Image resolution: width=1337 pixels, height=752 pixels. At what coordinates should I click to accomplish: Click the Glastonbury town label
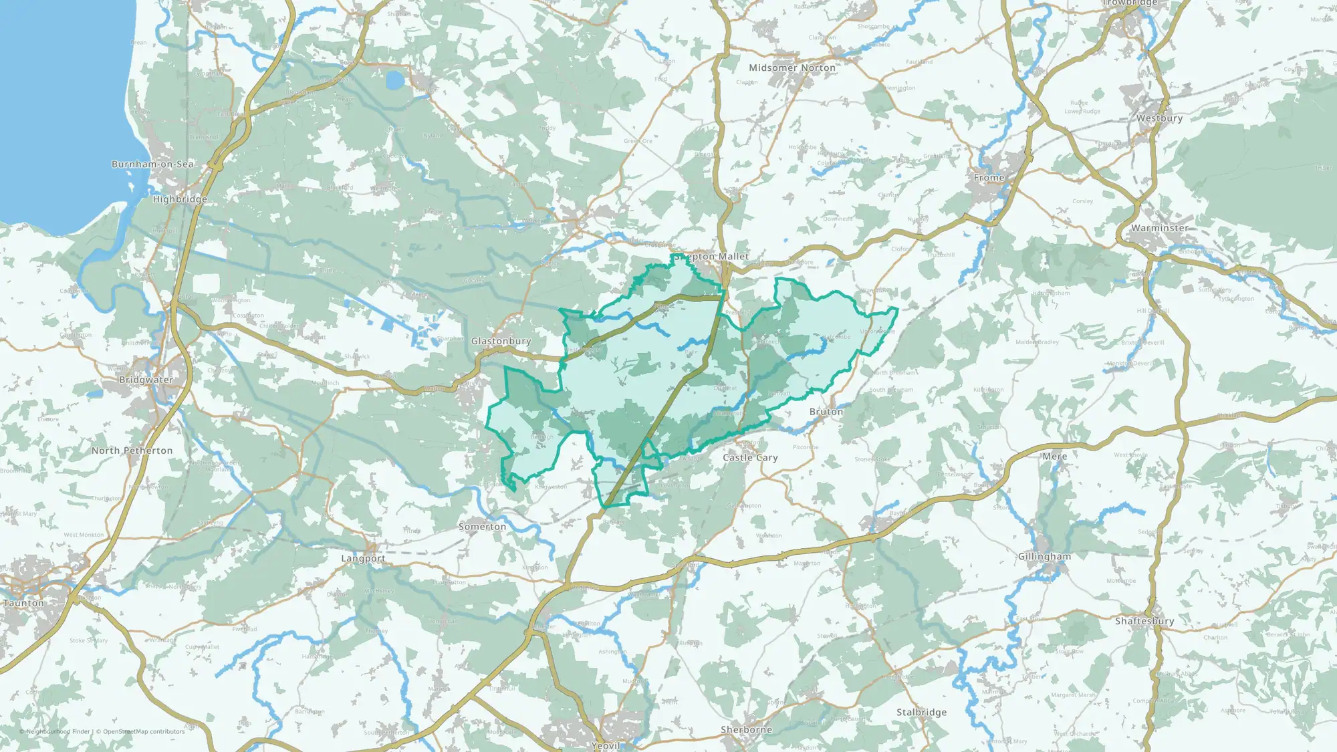coord(501,341)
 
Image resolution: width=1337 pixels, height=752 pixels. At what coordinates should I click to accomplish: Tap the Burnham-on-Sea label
coord(152,164)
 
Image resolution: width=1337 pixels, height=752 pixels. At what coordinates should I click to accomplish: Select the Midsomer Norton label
coord(792,68)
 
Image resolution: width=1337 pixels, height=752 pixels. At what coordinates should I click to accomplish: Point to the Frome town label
coord(989,178)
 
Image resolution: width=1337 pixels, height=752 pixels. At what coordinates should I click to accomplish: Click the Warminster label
coord(1160,228)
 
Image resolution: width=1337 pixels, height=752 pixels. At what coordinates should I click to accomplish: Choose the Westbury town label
coord(1160,118)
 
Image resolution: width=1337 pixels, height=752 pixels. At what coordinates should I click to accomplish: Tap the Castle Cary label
coord(750,458)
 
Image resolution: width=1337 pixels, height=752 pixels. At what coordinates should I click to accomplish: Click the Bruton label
coord(826,412)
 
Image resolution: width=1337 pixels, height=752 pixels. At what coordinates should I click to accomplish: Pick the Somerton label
coord(482,527)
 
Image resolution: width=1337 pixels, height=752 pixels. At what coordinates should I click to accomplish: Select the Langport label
coord(363,558)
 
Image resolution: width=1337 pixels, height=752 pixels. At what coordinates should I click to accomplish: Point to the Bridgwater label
coord(146,380)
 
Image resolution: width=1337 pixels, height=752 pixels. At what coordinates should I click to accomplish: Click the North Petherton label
coord(132,451)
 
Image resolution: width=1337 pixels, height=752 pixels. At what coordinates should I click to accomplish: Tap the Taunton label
coord(23,603)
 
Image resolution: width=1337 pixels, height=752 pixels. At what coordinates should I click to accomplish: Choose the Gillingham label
coord(1044,557)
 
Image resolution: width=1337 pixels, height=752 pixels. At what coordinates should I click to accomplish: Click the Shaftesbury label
coord(1144,621)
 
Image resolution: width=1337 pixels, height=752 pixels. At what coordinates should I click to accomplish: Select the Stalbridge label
coord(921,713)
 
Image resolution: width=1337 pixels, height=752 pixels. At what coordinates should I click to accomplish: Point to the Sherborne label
coord(746,730)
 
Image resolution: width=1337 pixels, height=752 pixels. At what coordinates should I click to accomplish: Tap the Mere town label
coord(1055,457)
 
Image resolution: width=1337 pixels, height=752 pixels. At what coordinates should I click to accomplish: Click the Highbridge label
coord(180,199)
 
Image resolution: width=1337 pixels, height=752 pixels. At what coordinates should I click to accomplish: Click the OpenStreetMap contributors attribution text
coord(144,731)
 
